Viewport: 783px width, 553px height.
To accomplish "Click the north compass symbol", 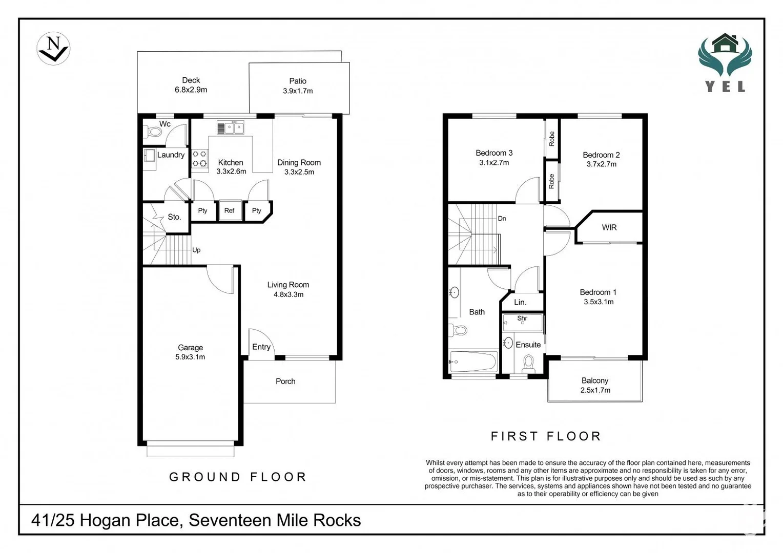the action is pyautogui.click(x=53, y=49).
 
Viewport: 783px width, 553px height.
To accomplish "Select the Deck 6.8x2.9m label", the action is pyautogui.click(x=191, y=85).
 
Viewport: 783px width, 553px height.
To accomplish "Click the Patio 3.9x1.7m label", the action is pyautogui.click(x=298, y=86).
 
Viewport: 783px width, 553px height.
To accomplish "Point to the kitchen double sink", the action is pyautogui.click(x=231, y=128).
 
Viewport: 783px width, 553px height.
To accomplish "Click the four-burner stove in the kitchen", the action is pyautogui.click(x=200, y=159).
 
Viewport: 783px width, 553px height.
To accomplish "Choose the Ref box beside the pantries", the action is pyautogui.click(x=229, y=210).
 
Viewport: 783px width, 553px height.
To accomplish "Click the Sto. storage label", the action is pyautogui.click(x=174, y=217).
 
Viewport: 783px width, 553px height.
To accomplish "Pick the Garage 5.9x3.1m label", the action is pyautogui.click(x=190, y=352).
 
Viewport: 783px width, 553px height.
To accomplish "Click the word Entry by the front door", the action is pyautogui.click(x=261, y=347).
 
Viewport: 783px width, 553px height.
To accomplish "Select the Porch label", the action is pyautogui.click(x=285, y=381).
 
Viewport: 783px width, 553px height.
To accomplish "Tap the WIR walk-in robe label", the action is pyautogui.click(x=609, y=227).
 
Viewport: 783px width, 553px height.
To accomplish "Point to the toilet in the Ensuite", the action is pyautogui.click(x=528, y=365).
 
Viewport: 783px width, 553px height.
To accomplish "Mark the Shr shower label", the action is pyautogui.click(x=522, y=318).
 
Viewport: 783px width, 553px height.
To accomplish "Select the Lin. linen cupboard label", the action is pyautogui.click(x=520, y=302).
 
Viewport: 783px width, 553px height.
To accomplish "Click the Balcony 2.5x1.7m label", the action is pyautogui.click(x=595, y=386).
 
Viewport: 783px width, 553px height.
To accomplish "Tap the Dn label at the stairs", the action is pyautogui.click(x=502, y=219).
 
